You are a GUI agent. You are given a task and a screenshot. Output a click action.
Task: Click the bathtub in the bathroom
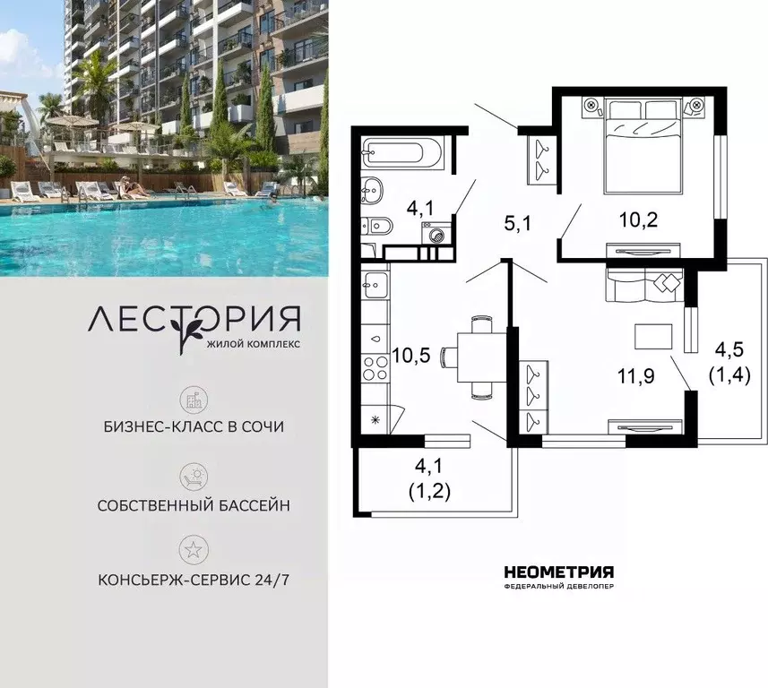(403, 153)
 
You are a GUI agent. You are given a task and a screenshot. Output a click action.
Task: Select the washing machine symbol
(437, 236)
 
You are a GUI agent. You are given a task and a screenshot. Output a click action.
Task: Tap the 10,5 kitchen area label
(411, 355)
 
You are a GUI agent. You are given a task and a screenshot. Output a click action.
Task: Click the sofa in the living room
(644, 286)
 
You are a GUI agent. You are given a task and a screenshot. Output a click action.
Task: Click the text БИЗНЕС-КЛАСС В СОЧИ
(194, 426)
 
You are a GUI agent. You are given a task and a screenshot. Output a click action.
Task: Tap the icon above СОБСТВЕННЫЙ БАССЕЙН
(193, 476)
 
